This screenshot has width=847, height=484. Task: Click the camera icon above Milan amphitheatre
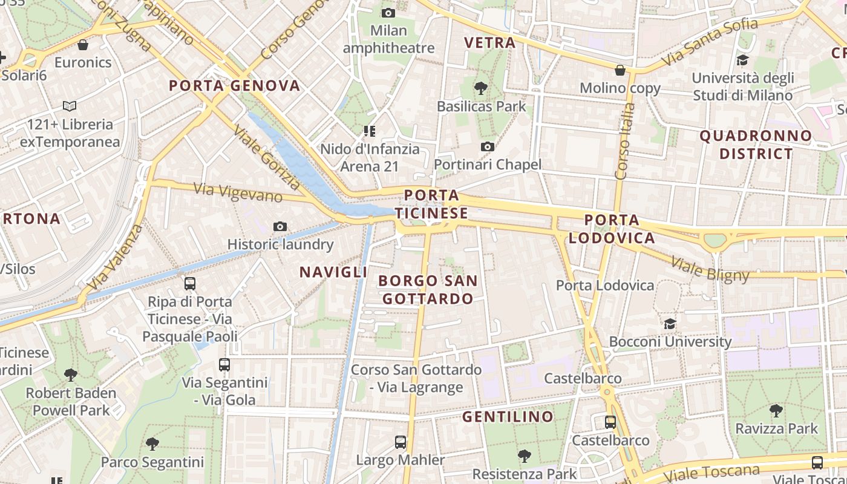pyautogui.click(x=388, y=13)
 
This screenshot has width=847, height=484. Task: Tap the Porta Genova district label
pyautogui.click(x=235, y=86)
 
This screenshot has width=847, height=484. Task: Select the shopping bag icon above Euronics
pyautogui.click(x=83, y=45)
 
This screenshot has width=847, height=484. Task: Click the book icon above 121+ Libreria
pyautogui.click(x=70, y=106)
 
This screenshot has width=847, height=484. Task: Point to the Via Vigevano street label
pyautogui.click(x=238, y=192)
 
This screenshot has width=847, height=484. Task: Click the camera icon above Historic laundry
pyautogui.click(x=280, y=226)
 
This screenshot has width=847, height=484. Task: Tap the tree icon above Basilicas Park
pyautogui.click(x=481, y=88)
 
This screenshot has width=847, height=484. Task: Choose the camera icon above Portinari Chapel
pyautogui.click(x=487, y=146)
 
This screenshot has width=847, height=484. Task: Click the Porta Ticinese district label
pyautogui.click(x=431, y=204)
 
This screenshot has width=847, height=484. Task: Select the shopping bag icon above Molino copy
pyautogui.click(x=620, y=70)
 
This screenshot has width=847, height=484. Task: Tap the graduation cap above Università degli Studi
pyautogui.click(x=742, y=60)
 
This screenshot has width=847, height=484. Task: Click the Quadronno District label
pyautogui.click(x=756, y=145)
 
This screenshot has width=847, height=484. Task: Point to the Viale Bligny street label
pyautogui.click(x=710, y=270)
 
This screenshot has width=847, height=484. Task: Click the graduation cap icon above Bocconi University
pyautogui.click(x=670, y=324)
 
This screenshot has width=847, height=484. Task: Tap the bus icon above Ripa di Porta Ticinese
pyautogui.click(x=190, y=283)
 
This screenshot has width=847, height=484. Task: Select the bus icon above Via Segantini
pyautogui.click(x=224, y=365)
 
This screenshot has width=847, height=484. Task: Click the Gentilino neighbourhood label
pyautogui.click(x=508, y=417)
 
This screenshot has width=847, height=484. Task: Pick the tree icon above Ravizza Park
pyautogui.click(x=776, y=411)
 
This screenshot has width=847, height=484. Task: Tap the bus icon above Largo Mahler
pyautogui.click(x=400, y=442)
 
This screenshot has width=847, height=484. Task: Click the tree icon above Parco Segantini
pyautogui.click(x=152, y=445)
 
